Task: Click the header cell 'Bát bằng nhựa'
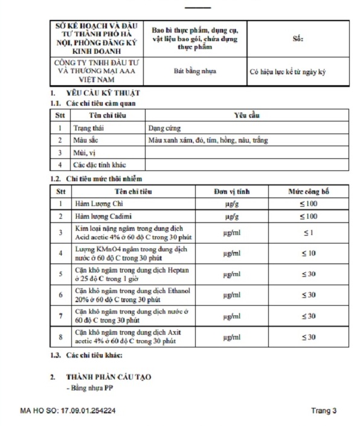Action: [x=191, y=71]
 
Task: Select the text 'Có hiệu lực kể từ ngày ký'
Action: [x=288, y=71]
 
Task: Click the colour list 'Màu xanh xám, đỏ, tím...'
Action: [x=208, y=140]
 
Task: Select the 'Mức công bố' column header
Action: [x=309, y=192]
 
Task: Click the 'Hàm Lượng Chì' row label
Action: [x=98, y=204]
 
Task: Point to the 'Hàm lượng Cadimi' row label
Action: [x=103, y=216]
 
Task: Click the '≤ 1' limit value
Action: [x=309, y=232]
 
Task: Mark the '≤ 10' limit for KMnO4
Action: [x=309, y=253]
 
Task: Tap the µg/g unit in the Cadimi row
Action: [x=230, y=216]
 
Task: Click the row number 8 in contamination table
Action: [x=60, y=337]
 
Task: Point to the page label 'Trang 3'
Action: [x=324, y=411]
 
